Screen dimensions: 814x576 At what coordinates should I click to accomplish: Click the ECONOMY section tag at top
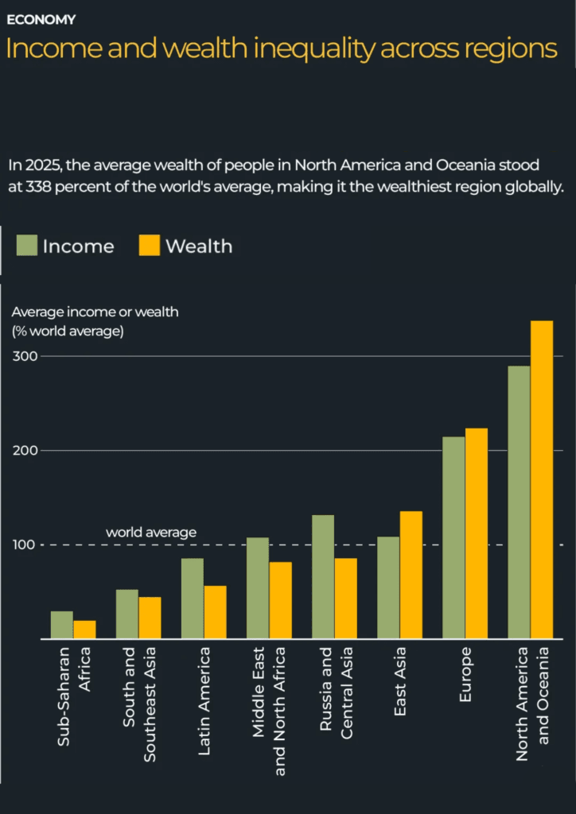[x=41, y=19]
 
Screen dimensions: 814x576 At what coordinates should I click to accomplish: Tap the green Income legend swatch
[x=27, y=246]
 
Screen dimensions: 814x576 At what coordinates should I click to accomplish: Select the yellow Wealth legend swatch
[x=150, y=246]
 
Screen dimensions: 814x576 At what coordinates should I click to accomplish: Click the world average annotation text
[x=151, y=533]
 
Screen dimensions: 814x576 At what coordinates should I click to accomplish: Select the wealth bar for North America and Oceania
[x=542, y=479]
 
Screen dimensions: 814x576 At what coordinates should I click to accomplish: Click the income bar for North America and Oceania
[x=519, y=502]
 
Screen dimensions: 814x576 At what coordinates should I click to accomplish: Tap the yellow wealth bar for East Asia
[x=411, y=575]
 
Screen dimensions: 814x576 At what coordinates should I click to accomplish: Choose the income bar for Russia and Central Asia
[x=323, y=576]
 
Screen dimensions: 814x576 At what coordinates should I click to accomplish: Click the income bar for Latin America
[x=193, y=598]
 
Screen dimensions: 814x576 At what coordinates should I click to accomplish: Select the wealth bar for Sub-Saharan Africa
[x=84, y=630]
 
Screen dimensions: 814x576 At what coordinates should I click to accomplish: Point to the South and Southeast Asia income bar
[x=127, y=614]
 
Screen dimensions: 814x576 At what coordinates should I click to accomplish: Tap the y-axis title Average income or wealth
[x=95, y=312]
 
